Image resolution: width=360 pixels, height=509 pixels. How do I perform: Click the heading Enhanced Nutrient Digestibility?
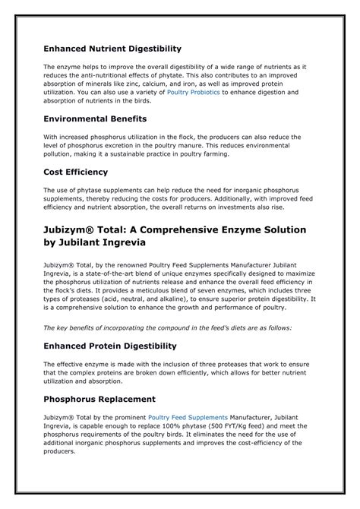(x=112, y=49)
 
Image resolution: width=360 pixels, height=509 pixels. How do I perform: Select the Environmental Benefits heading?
(x=95, y=119)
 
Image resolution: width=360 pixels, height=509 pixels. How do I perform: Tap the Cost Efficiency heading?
(x=75, y=172)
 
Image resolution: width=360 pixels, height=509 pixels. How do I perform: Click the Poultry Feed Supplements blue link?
(x=188, y=417)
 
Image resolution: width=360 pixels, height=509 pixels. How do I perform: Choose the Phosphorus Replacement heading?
(x=99, y=399)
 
